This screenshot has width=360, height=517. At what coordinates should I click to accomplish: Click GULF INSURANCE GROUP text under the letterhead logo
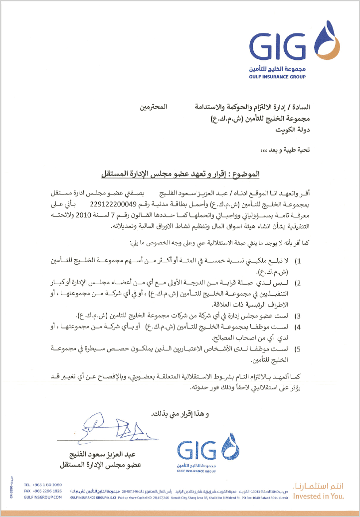277,77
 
